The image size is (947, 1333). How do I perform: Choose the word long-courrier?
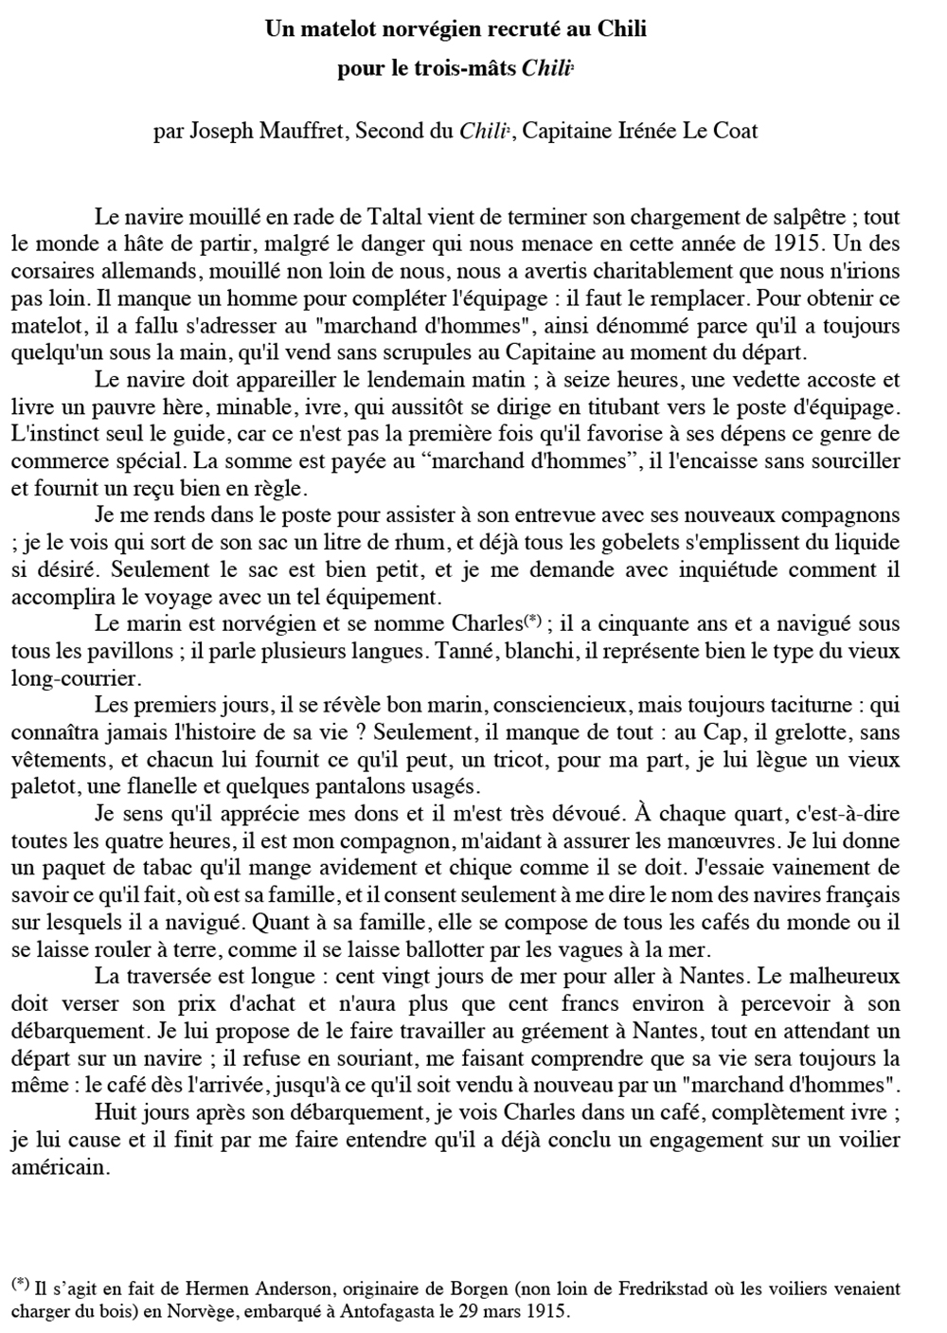(x=75, y=679)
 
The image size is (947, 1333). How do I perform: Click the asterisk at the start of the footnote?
(x=20, y=1285)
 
